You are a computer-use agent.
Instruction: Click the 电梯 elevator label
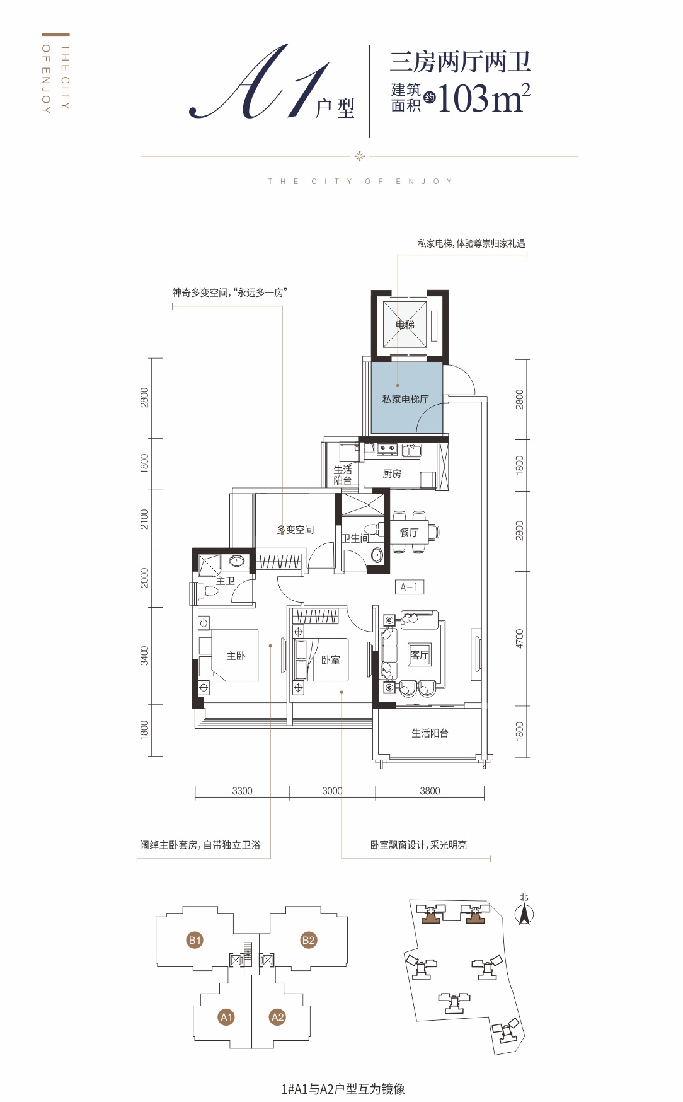tap(405, 325)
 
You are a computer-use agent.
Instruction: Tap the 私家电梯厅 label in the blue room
tap(405, 399)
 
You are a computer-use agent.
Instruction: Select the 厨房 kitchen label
tap(392, 473)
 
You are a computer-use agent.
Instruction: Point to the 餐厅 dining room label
tap(410, 533)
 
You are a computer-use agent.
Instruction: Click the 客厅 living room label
tap(420, 655)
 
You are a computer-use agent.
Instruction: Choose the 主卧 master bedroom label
tap(236, 656)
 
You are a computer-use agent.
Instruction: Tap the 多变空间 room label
tap(296, 530)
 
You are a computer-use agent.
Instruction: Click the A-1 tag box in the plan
tap(410, 587)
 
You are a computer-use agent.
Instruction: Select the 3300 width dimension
tap(242, 791)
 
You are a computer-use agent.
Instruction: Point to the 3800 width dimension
tap(430, 791)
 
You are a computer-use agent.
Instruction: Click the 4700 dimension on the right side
tap(520, 639)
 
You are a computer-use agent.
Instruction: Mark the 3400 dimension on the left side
tap(145, 656)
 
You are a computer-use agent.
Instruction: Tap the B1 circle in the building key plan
tap(195, 940)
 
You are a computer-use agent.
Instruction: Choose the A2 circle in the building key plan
tap(277, 1016)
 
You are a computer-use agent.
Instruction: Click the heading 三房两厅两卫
tap(461, 62)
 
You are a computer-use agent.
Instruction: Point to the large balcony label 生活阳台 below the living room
tap(430, 733)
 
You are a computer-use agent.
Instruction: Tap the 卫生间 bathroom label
tap(355, 538)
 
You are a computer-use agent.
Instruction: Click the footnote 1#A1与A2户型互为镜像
tap(343, 1089)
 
